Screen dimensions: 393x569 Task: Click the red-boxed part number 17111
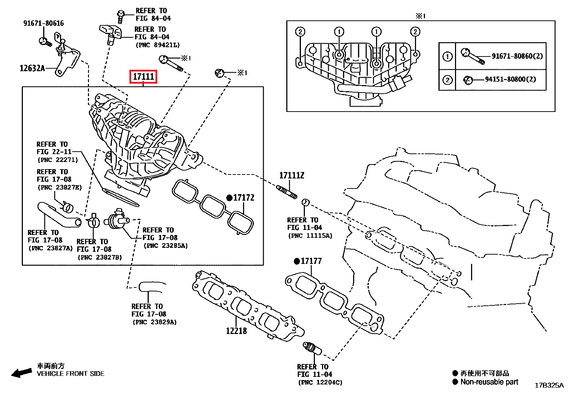point(143,77)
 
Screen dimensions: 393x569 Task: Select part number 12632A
point(32,68)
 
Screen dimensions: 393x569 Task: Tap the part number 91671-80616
point(44,23)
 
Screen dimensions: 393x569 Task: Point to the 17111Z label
point(292,176)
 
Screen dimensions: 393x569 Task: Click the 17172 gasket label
point(243,198)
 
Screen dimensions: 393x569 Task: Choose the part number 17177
point(311,261)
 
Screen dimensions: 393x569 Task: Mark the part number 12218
point(236,331)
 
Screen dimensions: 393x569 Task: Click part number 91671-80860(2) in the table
point(517,56)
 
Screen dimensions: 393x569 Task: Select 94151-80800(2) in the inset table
point(510,79)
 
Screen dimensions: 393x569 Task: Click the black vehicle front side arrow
point(21,373)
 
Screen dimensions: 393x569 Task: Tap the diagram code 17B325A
point(549,385)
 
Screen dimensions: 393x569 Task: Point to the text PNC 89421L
point(158,45)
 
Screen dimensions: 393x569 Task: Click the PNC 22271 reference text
point(58,160)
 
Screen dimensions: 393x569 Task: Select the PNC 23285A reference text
point(165,246)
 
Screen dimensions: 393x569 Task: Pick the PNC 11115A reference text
point(310,236)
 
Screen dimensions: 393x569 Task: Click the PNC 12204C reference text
point(320,382)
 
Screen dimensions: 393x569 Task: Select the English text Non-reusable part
point(489,382)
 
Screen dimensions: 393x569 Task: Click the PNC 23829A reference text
point(154,322)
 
